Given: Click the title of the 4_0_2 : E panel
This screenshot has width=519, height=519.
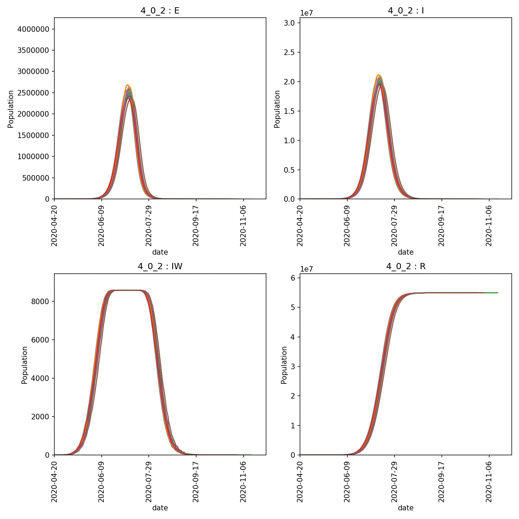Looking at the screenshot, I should click(x=160, y=11).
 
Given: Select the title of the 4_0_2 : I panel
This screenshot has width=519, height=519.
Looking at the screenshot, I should click(x=406, y=11).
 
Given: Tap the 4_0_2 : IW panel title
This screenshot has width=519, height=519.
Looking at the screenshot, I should click(x=160, y=266).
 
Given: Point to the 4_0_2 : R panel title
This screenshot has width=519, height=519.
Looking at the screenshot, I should click(x=406, y=266).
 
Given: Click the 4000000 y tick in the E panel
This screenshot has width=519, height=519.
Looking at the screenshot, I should click(x=33, y=29).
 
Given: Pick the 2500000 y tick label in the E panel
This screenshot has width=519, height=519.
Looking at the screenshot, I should click(x=33, y=93).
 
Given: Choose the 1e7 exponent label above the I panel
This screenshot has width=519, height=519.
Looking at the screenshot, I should click(x=307, y=13).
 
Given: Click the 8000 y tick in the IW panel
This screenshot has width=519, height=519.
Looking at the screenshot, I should click(x=40, y=301).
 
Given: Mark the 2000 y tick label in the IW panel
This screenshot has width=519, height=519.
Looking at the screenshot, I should click(x=40, y=417).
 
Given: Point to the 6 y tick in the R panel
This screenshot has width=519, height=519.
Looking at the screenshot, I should click(x=293, y=278).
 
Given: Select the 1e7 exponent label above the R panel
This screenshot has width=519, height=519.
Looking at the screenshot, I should click(x=307, y=269).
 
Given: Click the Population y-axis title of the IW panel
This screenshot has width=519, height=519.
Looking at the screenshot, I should click(x=24, y=365).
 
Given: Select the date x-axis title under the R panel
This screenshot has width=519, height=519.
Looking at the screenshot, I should click(x=406, y=508).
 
